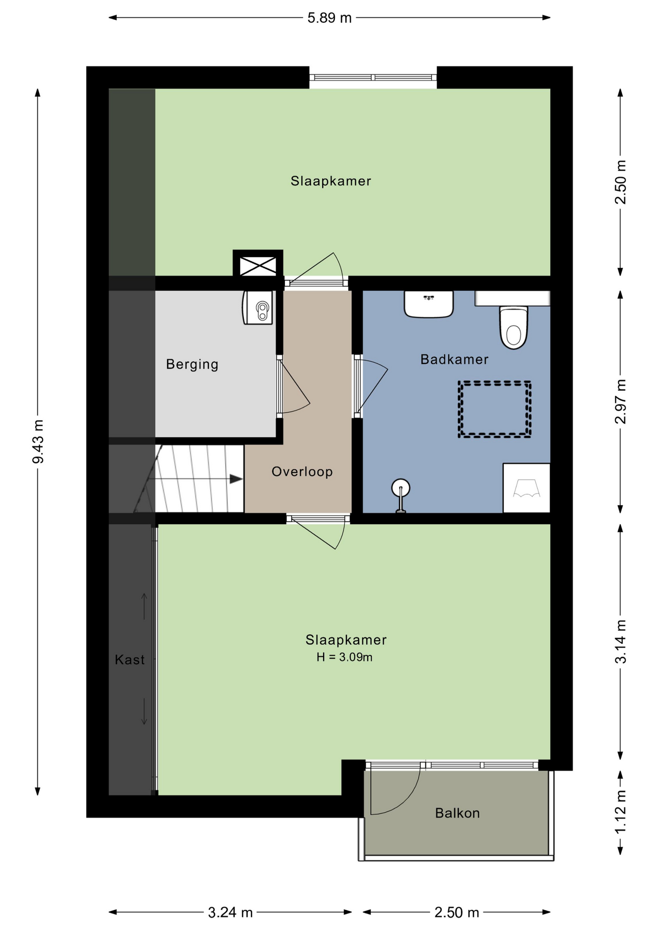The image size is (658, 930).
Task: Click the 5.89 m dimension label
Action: (x=329, y=18)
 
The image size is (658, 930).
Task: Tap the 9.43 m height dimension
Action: (x=38, y=442)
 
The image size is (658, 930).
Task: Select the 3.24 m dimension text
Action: (x=230, y=913)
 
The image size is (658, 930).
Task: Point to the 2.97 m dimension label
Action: (x=620, y=402)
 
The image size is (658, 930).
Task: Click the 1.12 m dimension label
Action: (x=620, y=812)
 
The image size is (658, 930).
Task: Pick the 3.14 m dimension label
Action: (x=620, y=642)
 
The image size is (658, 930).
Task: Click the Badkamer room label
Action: (x=454, y=359)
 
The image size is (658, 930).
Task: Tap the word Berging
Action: (x=192, y=364)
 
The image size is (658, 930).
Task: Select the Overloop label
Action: (x=302, y=472)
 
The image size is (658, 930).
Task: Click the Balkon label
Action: (x=457, y=813)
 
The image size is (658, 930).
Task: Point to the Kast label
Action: (x=130, y=660)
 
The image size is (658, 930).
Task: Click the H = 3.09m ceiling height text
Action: (x=345, y=657)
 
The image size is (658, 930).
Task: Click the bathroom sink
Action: (x=429, y=304)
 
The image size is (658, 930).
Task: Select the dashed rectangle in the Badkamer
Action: (x=495, y=410)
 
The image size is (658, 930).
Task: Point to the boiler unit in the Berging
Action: (x=258, y=308)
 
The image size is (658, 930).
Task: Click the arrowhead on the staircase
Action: (x=236, y=479)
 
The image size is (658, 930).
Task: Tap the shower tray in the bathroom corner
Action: (x=526, y=488)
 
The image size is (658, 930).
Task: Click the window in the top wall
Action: (x=373, y=77)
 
